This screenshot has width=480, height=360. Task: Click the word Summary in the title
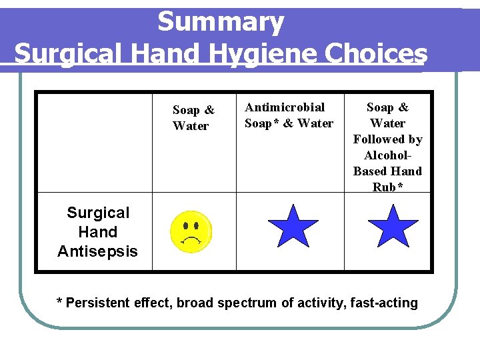pos(221,22)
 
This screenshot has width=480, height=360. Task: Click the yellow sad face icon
pos(191,232)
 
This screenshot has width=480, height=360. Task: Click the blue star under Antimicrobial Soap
pos(293,227)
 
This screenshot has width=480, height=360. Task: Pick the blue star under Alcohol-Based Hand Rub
pos(393,227)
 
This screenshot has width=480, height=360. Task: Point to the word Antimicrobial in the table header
pos(285,107)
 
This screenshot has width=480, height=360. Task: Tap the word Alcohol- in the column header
pos(387,155)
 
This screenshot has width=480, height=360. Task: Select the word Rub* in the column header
pos(387,187)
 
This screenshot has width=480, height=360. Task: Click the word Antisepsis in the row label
pos(97,251)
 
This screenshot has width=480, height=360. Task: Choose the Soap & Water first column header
pos(193,118)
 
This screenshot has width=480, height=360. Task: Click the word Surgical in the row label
pos(98,213)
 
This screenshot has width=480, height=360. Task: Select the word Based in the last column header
pos(371,171)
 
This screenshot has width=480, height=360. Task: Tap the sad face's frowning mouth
pos(192,241)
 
